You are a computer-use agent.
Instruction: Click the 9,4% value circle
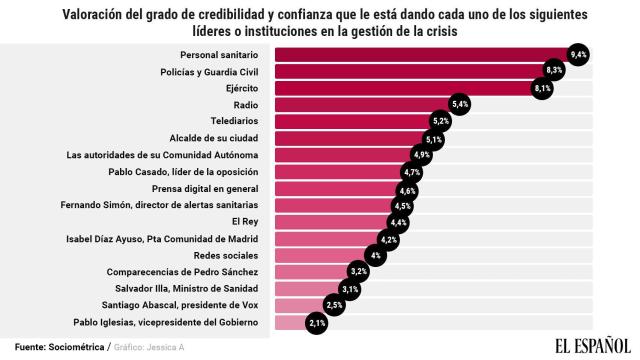(577, 54)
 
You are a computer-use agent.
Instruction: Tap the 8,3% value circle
(554, 71)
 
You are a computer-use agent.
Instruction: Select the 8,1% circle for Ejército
(543, 88)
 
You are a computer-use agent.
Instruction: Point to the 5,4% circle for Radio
(460, 104)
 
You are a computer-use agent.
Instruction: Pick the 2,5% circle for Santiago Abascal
(335, 305)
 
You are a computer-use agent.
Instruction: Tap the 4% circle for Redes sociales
(377, 255)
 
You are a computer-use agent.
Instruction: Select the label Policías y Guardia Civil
(209, 71)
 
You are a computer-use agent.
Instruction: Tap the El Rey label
(245, 221)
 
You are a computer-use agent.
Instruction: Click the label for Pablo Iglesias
(166, 322)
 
